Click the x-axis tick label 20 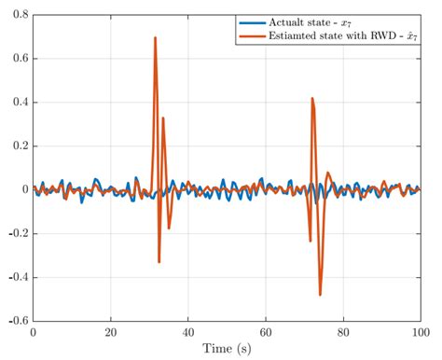point(110,332)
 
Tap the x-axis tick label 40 point(187,332)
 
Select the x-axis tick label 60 point(266,332)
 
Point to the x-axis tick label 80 point(343,332)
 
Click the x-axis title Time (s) point(227,349)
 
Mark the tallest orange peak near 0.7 point(155,38)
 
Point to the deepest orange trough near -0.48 point(320,294)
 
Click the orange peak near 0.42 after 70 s point(312,98)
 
